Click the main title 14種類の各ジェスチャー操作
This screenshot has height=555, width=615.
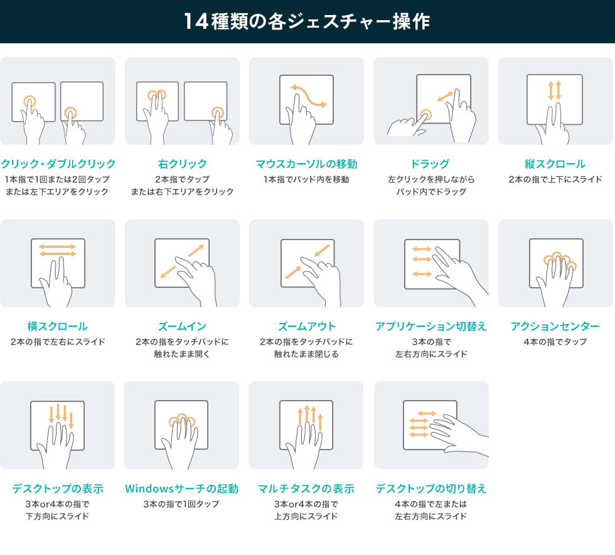307,21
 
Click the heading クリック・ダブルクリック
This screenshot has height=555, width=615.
58,164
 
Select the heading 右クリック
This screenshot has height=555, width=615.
182,164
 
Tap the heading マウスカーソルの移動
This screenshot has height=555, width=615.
306,164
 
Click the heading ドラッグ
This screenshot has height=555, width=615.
430,164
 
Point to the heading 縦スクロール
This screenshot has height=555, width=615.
555,164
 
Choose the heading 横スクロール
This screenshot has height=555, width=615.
57,326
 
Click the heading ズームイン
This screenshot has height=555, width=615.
182,326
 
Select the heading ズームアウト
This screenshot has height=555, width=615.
306,326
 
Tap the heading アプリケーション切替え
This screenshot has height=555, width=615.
430,326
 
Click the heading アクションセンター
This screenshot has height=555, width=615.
555,326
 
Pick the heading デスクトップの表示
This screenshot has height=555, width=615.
57,489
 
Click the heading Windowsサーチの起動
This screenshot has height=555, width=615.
182,489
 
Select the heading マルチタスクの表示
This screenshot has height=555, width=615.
306,489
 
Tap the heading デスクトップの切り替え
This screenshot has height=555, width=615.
430,489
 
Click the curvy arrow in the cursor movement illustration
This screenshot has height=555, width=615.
307,95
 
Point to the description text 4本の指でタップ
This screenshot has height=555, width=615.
555,342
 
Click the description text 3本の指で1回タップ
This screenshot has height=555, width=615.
182,504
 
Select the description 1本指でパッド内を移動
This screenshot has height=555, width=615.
306,180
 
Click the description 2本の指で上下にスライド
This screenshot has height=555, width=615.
555,180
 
